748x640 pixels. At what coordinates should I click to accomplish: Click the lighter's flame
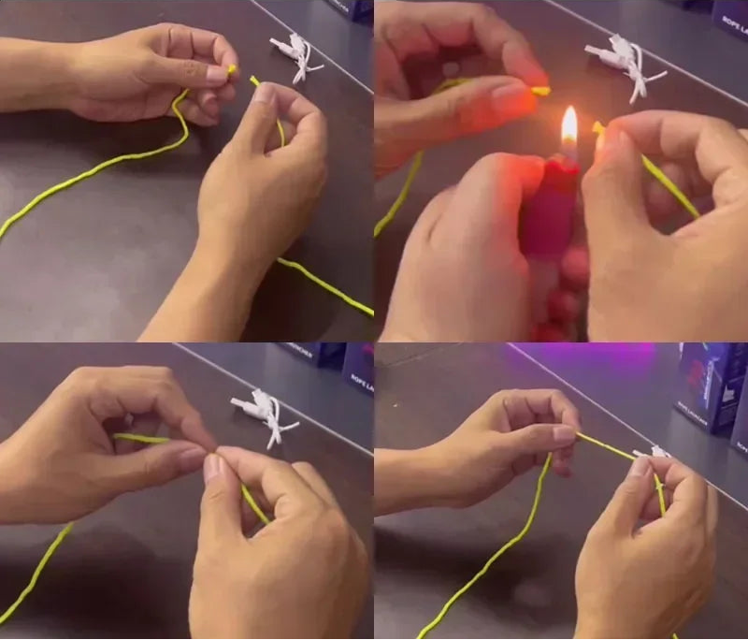pos(568,127)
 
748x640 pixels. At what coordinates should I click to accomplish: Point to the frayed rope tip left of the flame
pos(540,92)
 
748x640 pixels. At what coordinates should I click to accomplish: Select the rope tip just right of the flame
pos(597,127)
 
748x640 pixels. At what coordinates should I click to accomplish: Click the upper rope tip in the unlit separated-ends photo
pos(232,69)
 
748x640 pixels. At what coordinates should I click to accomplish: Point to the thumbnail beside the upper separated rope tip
pos(217,73)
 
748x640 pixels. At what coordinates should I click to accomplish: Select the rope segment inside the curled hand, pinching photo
pos(140,438)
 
